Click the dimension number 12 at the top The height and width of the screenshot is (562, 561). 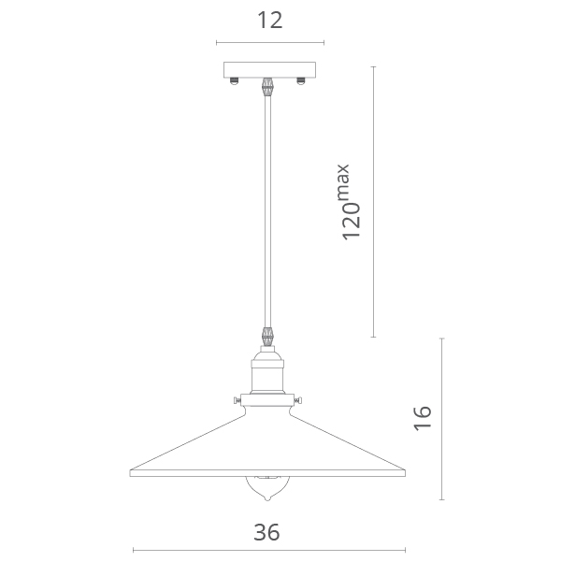[x=270, y=21]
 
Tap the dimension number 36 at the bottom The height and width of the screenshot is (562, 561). [x=266, y=532]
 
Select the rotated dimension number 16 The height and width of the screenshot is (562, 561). [x=423, y=418]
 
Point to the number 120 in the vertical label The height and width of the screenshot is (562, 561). [x=351, y=222]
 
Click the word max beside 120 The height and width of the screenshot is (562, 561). [x=343, y=181]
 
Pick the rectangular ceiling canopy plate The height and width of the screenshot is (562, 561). [x=269, y=70]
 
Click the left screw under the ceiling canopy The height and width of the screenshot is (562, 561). [x=234, y=81]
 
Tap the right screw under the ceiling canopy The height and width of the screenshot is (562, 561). [x=300, y=81]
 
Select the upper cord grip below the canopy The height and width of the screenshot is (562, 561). [x=267, y=87]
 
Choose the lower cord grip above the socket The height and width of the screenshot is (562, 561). [x=267, y=337]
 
